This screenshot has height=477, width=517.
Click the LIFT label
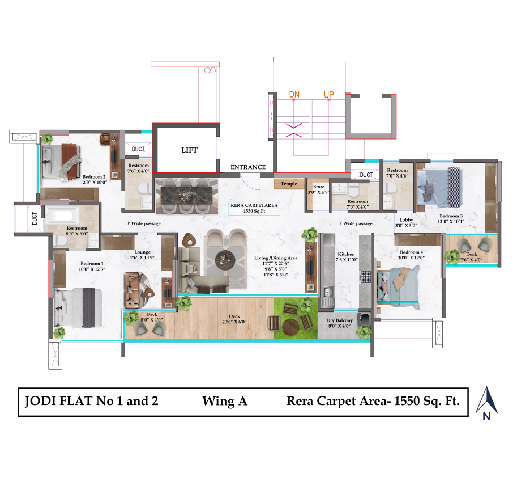click(x=189, y=150)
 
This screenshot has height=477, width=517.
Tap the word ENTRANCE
click(x=248, y=167)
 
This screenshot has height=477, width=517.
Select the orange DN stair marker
click(x=294, y=94)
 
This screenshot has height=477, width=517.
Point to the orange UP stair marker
click(x=328, y=94)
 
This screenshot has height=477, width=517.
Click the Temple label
click(x=289, y=184)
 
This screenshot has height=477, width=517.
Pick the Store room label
click(x=319, y=186)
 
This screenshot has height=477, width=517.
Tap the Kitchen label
click(x=345, y=254)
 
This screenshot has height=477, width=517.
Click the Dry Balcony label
click(x=340, y=320)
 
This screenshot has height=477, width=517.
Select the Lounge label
click(x=142, y=252)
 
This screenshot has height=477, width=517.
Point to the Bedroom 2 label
click(x=94, y=176)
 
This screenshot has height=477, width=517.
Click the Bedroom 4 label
click(x=411, y=252)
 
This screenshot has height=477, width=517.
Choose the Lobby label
click(x=405, y=220)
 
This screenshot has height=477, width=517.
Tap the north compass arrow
click(x=486, y=400)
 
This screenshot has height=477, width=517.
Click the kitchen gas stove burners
click(x=365, y=277)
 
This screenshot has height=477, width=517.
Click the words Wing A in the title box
click(x=225, y=402)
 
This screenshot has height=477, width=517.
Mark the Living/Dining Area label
click(x=276, y=258)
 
